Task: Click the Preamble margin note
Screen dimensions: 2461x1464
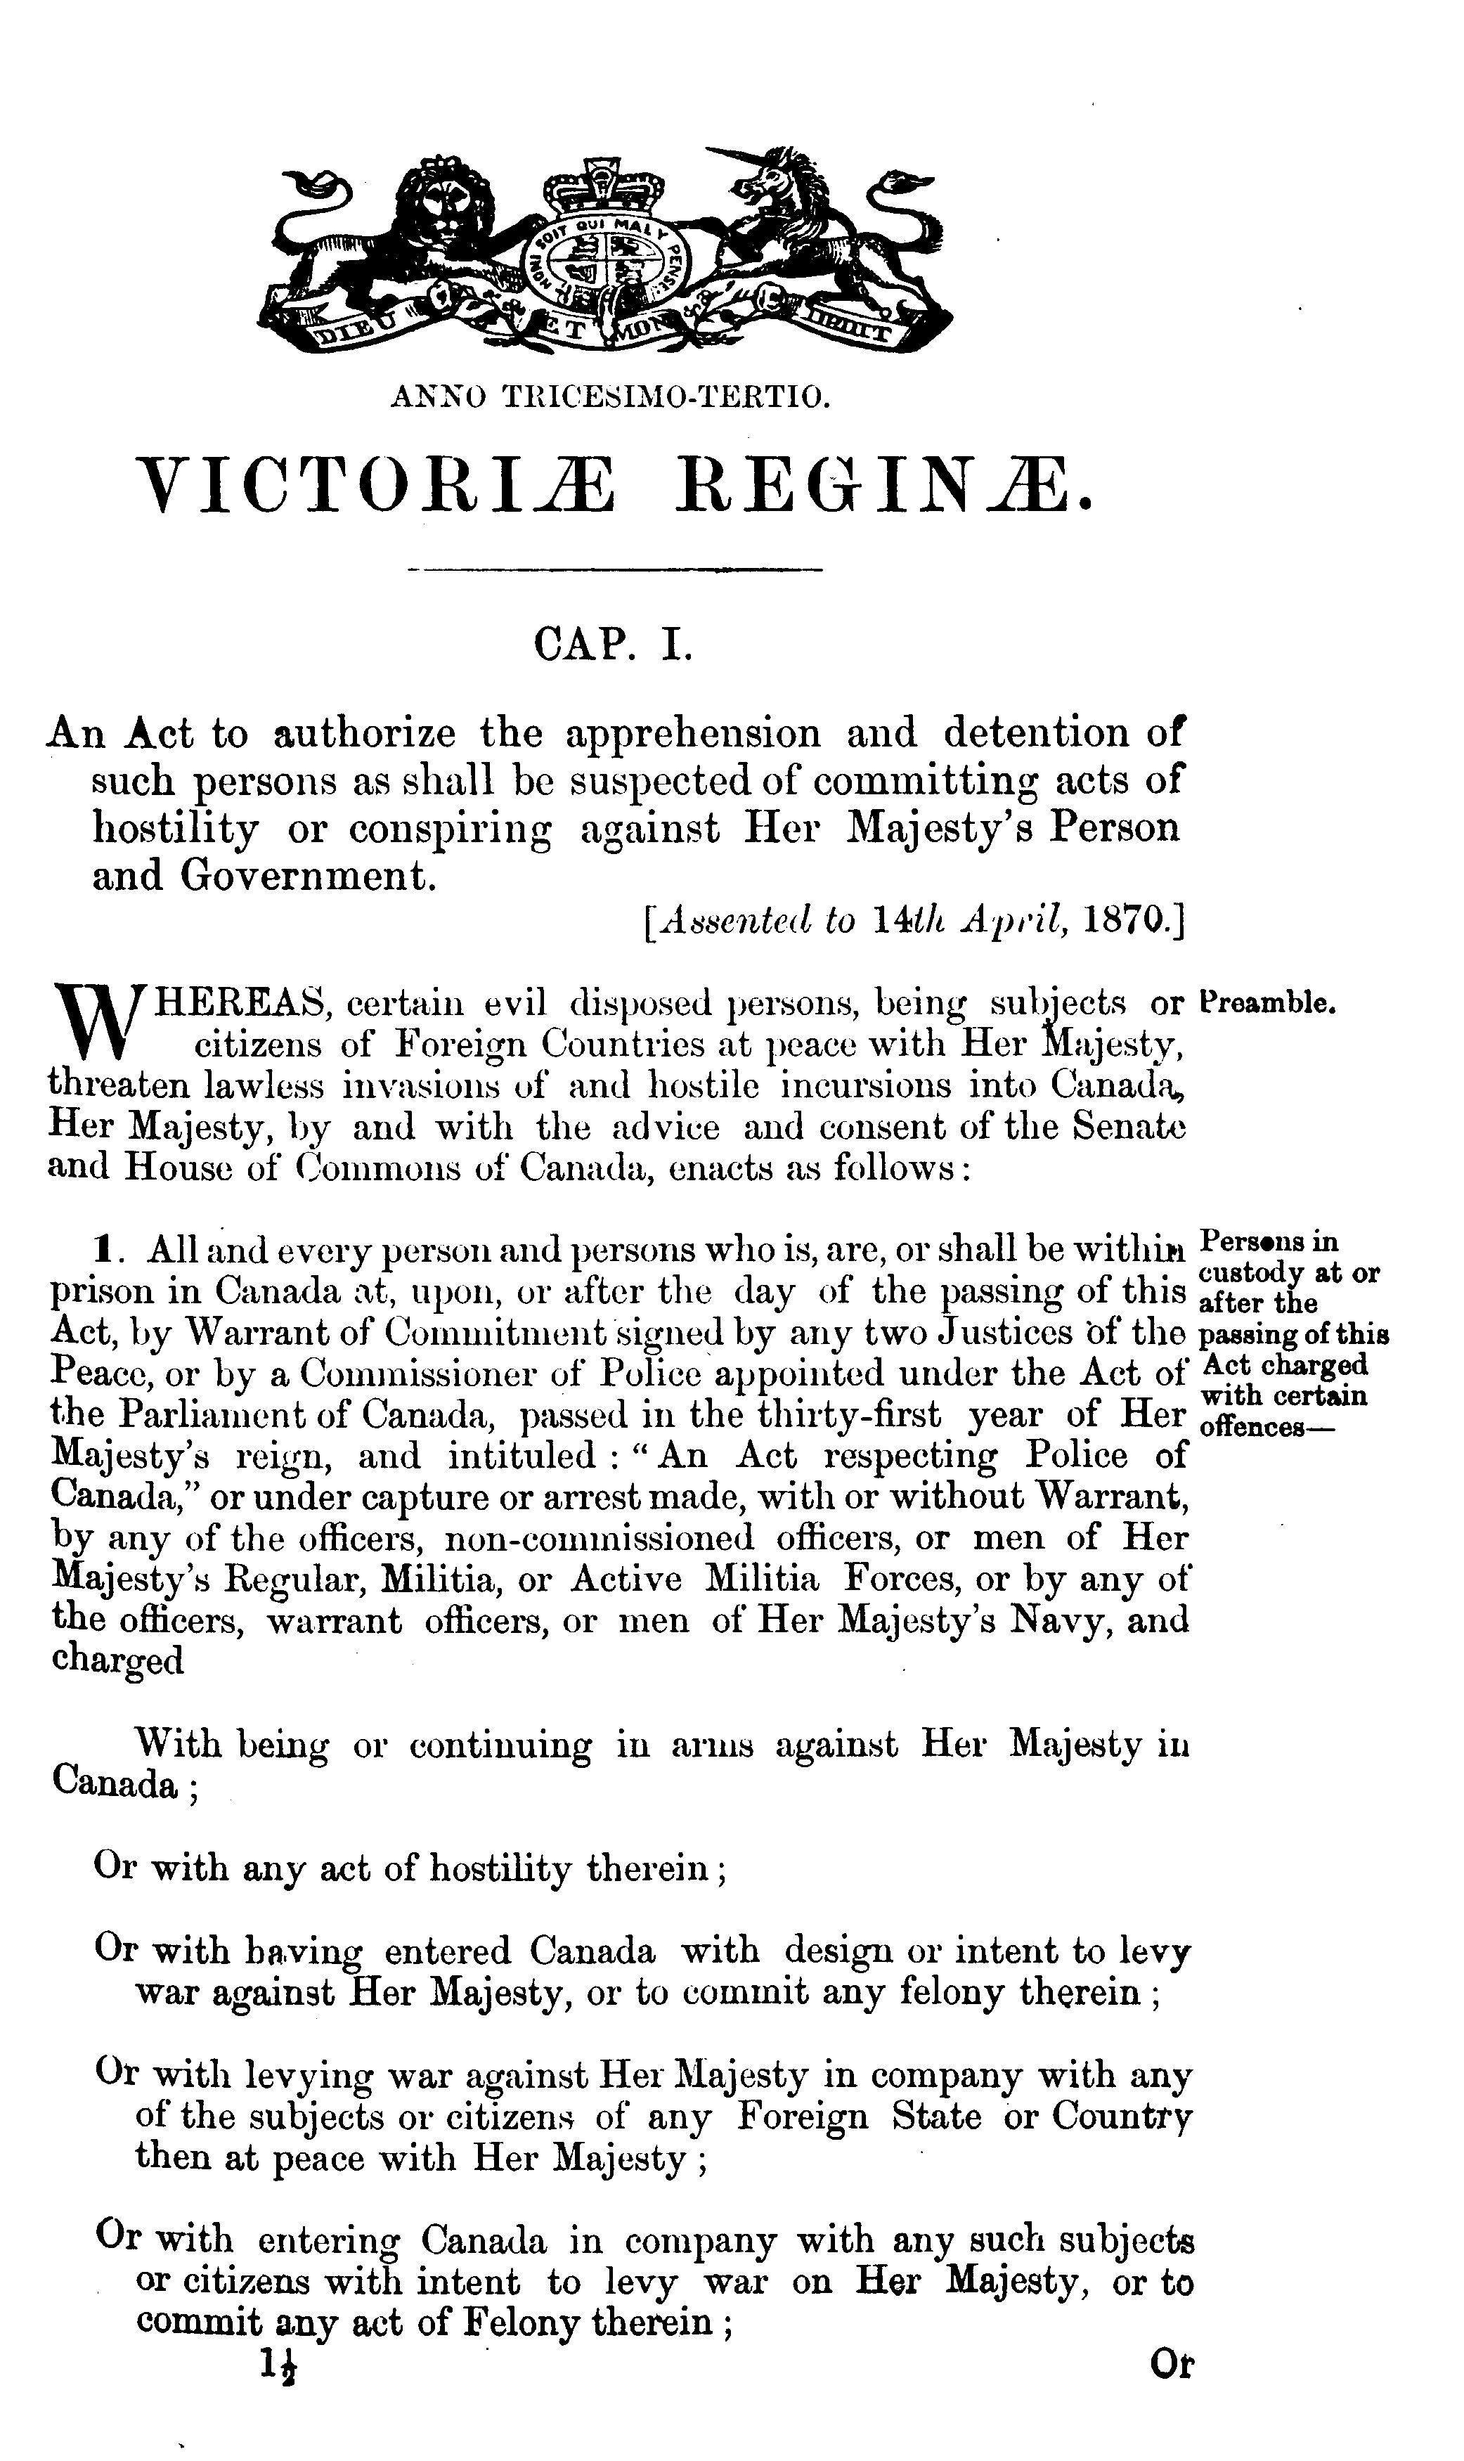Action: pyautogui.click(x=1269, y=1004)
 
